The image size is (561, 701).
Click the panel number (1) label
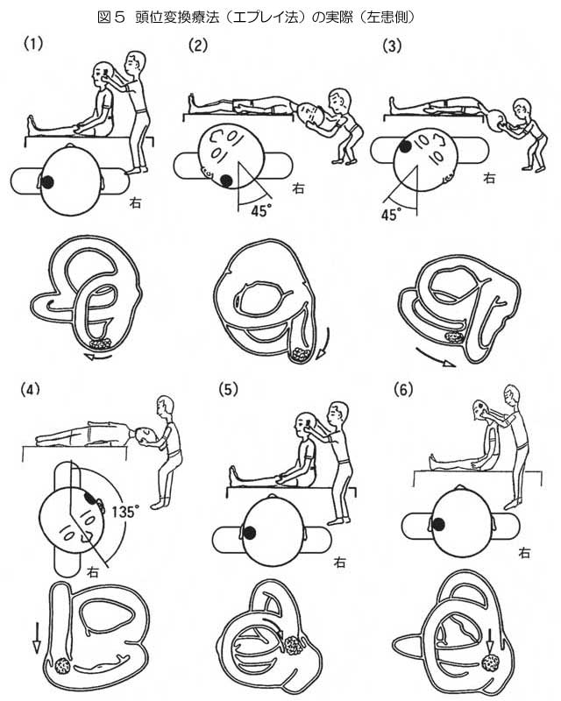[x=34, y=41]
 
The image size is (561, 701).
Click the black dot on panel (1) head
[x=49, y=181]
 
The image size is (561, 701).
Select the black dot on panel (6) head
[x=437, y=525]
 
